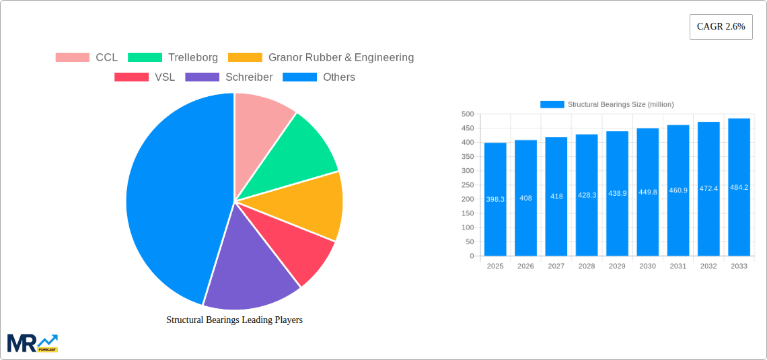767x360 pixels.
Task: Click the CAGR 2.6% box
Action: coord(721,27)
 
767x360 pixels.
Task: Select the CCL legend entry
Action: coord(87,58)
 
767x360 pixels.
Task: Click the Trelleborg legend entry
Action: coord(172,58)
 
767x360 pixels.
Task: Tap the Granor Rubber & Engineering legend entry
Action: coord(321,58)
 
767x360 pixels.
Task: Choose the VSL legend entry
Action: coord(145,77)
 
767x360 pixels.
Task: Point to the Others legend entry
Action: coord(319,77)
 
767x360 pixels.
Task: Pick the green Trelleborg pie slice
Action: coord(299,151)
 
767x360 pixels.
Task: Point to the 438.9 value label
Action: coord(617,193)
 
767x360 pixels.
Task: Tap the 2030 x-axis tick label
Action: coord(647,266)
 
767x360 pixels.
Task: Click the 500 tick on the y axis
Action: coord(467,114)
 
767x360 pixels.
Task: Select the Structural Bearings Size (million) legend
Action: coord(607,104)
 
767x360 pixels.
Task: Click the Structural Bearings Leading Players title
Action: coord(234,320)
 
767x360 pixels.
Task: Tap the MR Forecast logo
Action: coord(32,343)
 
